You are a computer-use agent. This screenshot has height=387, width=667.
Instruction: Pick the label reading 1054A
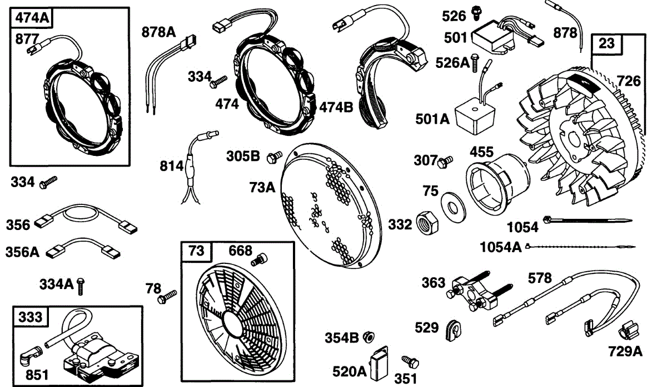point(500,246)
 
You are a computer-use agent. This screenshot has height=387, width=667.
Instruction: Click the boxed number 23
point(607,43)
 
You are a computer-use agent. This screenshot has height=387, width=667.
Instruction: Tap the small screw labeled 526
point(477,11)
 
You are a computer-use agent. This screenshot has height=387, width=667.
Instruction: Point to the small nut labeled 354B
point(367,337)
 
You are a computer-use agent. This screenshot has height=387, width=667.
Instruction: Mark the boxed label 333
point(31,317)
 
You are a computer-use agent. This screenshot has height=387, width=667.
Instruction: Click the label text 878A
point(158,32)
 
